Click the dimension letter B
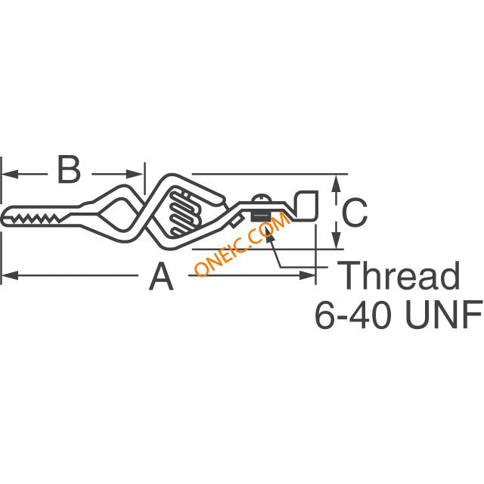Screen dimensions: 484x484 coord(69,169)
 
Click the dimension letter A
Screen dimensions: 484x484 coord(161,276)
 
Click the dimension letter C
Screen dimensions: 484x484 coord(355,213)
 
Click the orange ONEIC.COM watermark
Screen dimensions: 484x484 coord(243,244)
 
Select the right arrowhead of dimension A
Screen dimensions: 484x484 coord(308,275)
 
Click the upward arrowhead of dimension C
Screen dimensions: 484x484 coord(337,183)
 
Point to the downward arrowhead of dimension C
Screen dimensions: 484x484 coord(337,240)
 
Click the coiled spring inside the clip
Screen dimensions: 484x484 coord(185,213)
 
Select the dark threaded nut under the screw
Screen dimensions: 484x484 coord(261,216)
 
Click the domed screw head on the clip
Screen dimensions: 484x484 coord(262,198)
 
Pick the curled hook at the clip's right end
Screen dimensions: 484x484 coord(306,205)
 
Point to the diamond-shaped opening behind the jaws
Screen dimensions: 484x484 coord(118,214)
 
